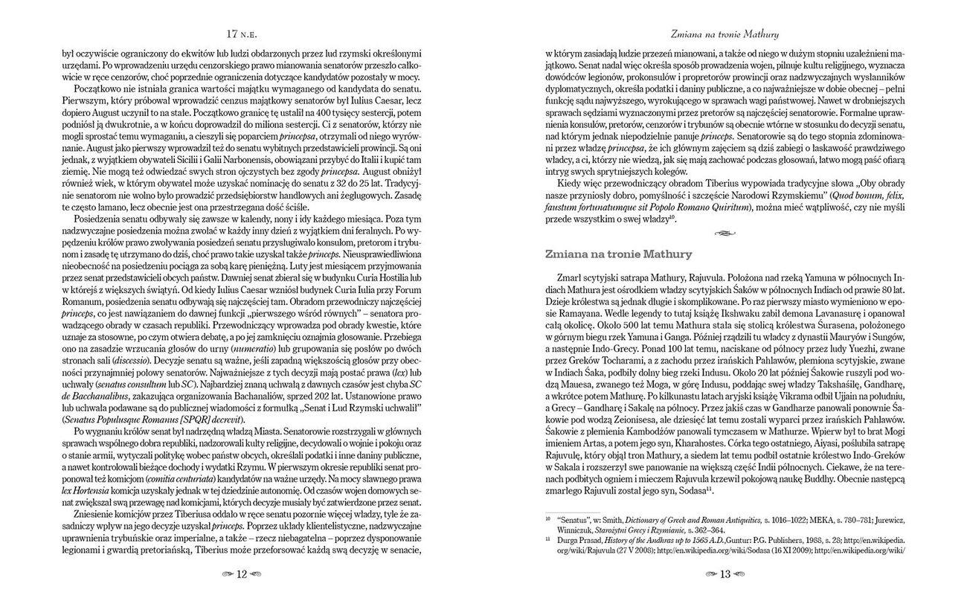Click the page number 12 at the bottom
241,574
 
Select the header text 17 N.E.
242,34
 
